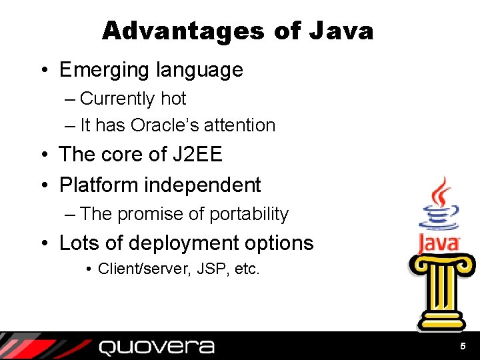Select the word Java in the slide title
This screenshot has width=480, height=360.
341,31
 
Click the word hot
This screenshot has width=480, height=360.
173,99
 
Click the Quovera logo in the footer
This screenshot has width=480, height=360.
157,347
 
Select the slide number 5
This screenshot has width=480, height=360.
463,347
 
